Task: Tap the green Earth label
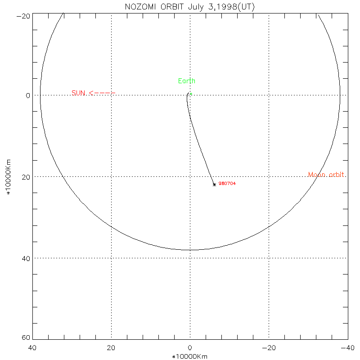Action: (187, 81)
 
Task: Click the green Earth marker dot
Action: (191, 94)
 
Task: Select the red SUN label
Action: (78, 93)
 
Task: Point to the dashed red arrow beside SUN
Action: (103, 93)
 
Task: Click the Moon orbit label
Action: (327, 175)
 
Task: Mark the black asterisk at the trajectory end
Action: (214, 184)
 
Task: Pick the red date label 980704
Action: (227, 184)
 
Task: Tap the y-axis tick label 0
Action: (27, 95)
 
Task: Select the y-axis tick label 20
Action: (25, 177)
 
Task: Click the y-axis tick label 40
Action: (25, 258)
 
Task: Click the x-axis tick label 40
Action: (32, 348)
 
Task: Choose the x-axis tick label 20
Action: (111, 348)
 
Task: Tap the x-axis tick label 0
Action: (190, 348)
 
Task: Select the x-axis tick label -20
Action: (269, 348)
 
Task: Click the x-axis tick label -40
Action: (347, 348)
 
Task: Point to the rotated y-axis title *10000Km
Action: (8, 177)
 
